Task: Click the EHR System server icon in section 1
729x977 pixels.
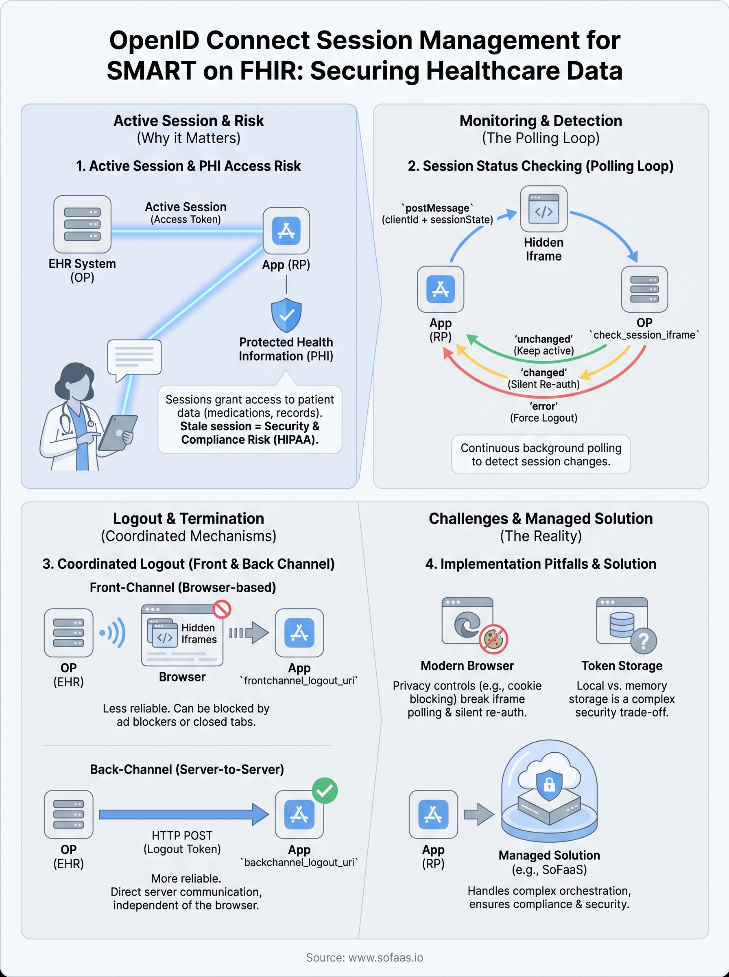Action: pyautogui.click(x=82, y=224)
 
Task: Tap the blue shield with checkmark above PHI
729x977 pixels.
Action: pyautogui.click(x=286, y=315)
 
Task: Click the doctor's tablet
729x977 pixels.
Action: pyautogui.click(x=118, y=433)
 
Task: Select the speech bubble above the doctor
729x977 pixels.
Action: pyautogui.click(x=134, y=357)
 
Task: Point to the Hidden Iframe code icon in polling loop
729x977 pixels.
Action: pyautogui.click(x=543, y=209)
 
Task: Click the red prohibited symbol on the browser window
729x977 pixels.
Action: pyautogui.click(x=222, y=609)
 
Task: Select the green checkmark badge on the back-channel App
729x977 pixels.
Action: pyautogui.click(x=324, y=791)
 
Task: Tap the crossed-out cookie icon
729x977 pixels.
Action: pyautogui.click(x=493, y=638)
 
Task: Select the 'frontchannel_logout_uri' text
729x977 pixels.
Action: pyautogui.click(x=299, y=681)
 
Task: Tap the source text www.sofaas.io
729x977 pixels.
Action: pyautogui.click(x=385, y=957)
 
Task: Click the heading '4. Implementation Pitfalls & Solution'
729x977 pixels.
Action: pyautogui.click(x=541, y=564)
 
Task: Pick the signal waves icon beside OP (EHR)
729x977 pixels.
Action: pyautogui.click(x=113, y=633)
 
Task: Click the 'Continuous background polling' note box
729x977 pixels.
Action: pyautogui.click(x=541, y=454)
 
